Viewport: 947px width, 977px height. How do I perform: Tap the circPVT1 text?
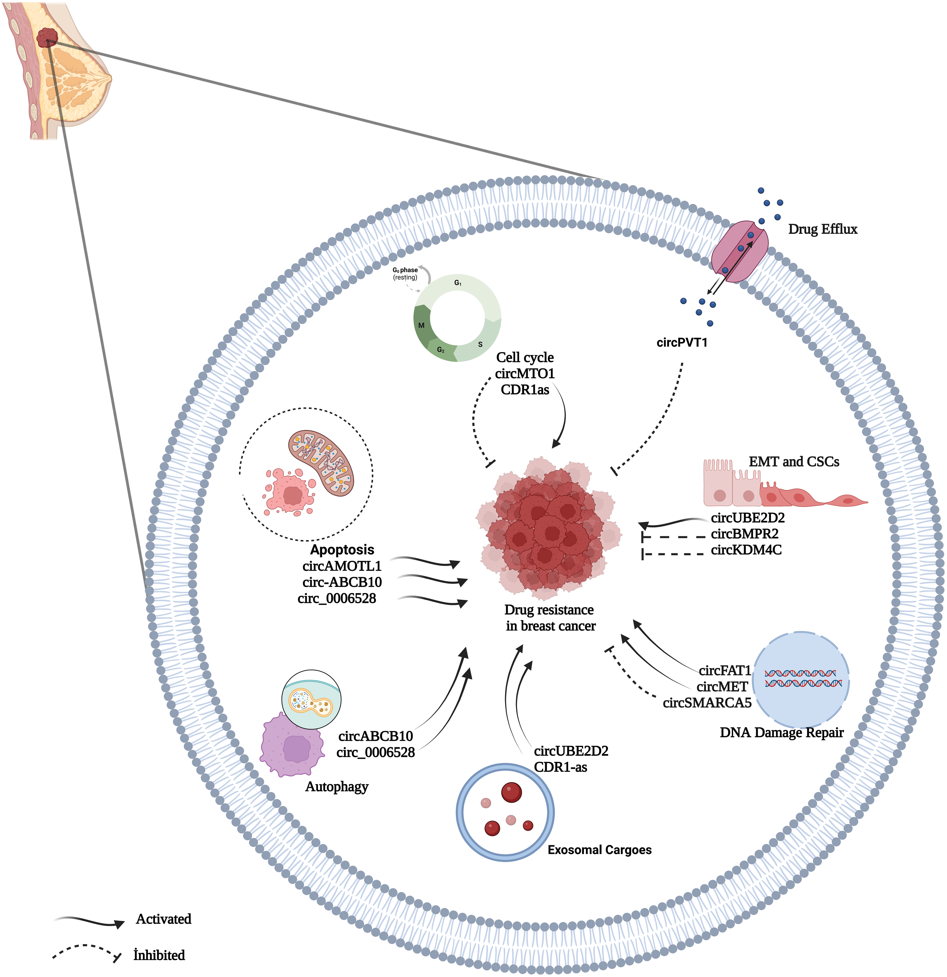682,342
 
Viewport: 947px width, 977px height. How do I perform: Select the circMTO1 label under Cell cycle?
525,373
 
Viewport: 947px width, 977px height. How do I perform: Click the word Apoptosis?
342,550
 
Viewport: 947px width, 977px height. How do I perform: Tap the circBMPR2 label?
744,534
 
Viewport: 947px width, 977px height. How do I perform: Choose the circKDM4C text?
746,550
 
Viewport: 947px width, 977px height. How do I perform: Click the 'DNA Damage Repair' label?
781,733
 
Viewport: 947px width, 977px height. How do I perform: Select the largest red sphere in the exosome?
511,792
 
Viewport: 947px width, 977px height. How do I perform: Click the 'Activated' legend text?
164,919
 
